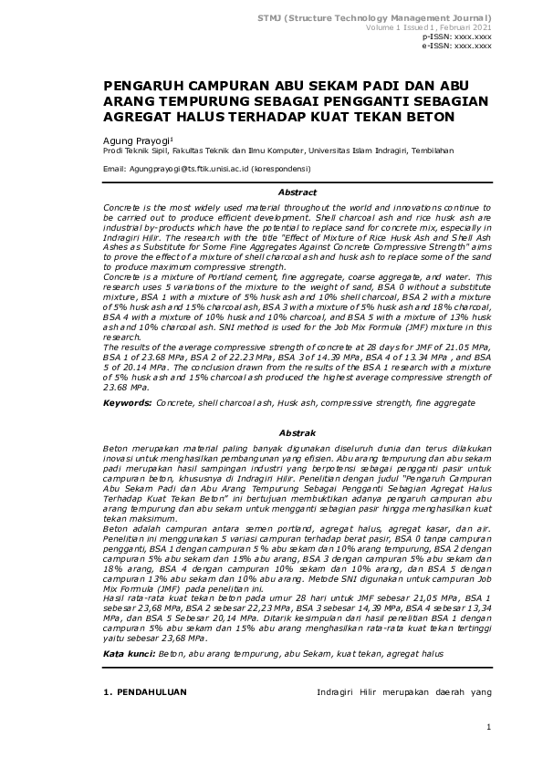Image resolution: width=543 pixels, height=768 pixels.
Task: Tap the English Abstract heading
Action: (297, 192)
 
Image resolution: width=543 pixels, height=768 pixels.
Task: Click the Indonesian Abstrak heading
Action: (297, 432)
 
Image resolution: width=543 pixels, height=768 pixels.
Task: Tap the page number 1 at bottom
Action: (489, 727)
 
